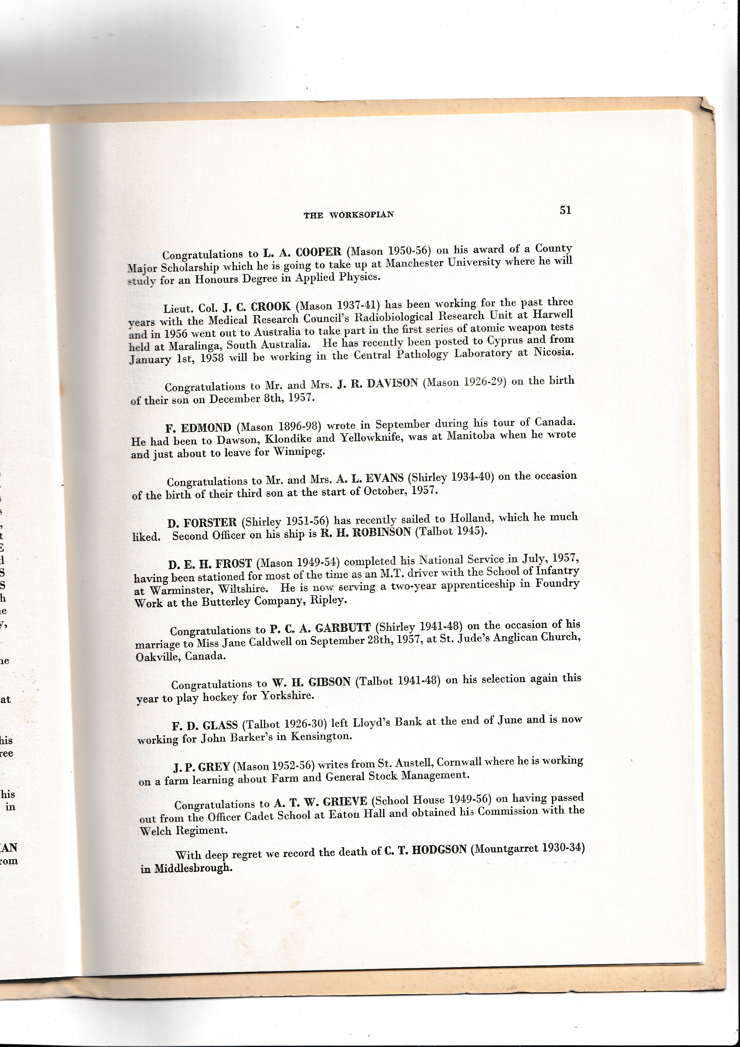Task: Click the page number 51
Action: pyautogui.click(x=565, y=210)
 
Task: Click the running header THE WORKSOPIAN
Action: pyautogui.click(x=349, y=215)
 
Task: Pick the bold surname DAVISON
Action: pyautogui.click(x=392, y=383)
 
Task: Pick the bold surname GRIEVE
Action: pyautogui.click(x=344, y=802)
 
